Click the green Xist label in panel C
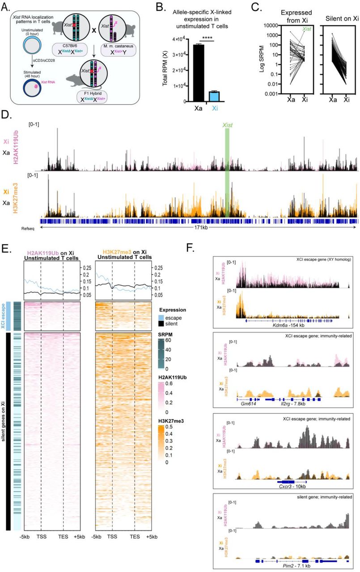[x=308, y=29]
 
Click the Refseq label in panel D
[x=27, y=228]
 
